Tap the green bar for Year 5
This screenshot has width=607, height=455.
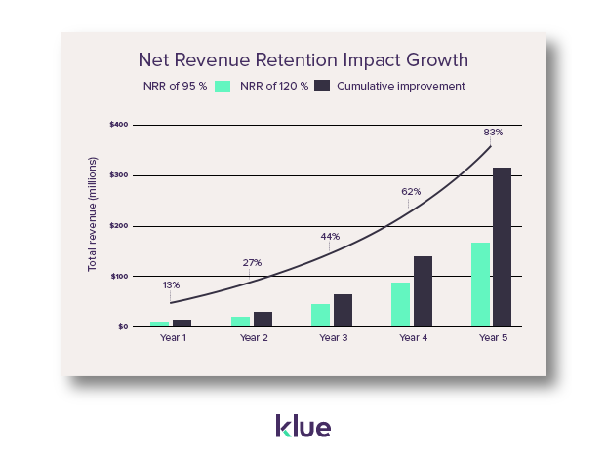pyautogui.click(x=480, y=284)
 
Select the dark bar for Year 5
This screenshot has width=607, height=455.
pyautogui.click(x=503, y=247)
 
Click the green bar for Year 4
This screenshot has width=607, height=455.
pyautogui.click(x=400, y=304)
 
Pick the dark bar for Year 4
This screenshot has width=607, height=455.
pyautogui.click(x=423, y=291)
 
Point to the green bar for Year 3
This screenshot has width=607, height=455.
pyautogui.click(x=320, y=315)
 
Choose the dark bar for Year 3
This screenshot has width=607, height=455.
pyautogui.click(x=343, y=310)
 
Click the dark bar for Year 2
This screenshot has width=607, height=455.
pyautogui.click(x=263, y=319)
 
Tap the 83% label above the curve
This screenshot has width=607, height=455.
pyautogui.click(x=493, y=132)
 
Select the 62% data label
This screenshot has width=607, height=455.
pyautogui.click(x=411, y=191)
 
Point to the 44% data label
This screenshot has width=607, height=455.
pyautogui.click(x=330, y=236)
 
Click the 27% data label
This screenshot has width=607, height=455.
pyautogui.click(x=252, y=262)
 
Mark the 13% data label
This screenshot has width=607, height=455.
pyautogui.click(x=171, y=284)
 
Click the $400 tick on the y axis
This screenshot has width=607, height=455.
pyautogui.click(x=119, y=125)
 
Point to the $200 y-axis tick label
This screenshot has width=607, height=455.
pyautogui.click(x=119, y=225)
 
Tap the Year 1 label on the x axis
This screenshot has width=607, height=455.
pyautogui.click(x=173, y=337)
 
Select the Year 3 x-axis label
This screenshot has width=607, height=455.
pyautogui.click(x=333, y=337)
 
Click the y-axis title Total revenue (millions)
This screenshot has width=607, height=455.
pyautogui.click(x=93, y=225)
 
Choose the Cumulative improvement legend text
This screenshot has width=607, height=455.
pyautogui.click(x=400, y=86)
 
